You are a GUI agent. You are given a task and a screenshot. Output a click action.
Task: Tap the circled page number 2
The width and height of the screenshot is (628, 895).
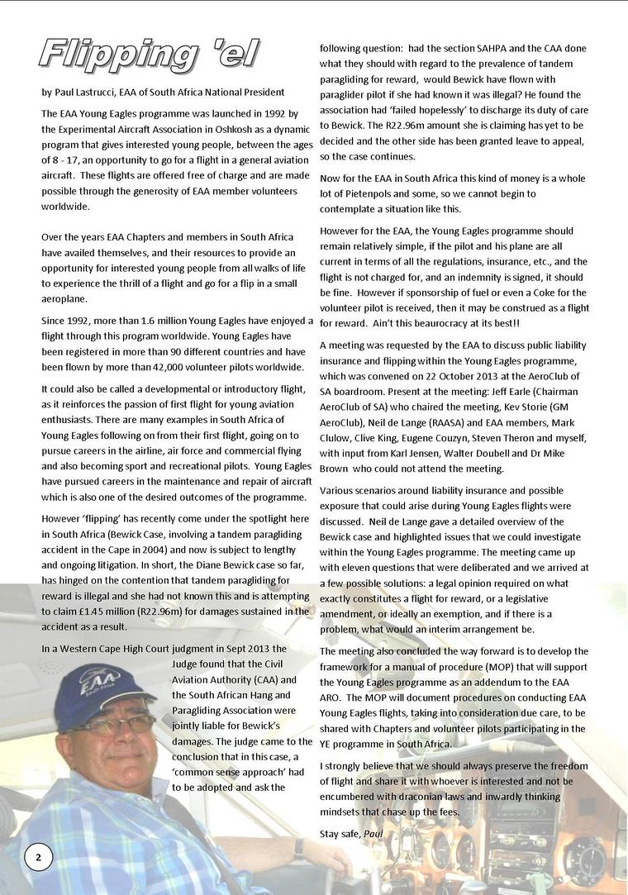pyautogui.click(x=37, y=857)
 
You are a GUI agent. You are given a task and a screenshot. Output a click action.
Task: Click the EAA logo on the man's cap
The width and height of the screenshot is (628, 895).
pyautogui.click(x=89, y=683)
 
